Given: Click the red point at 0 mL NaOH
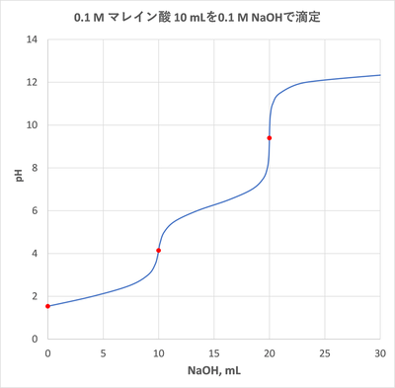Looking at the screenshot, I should pyautogui.click(x=47, y=306).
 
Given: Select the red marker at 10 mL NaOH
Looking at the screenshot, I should pyautogui.click(x=159, y=251).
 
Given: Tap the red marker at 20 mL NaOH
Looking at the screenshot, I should pyautogui.click(x=270, y=138).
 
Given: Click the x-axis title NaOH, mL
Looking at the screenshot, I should pyautogui.click(x=213, y=372).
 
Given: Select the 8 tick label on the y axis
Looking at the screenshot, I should pyautogui.click(x=35, y=168).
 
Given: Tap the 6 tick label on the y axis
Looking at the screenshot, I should pyautogui.click(x=35, y=210).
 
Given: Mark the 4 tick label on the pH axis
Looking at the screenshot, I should pyautogui.click(x=35, y=253).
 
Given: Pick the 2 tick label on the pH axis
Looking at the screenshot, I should pyautogui.click(x=35, y=296).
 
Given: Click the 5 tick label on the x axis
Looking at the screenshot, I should pyautogui.click(x=103, y=351).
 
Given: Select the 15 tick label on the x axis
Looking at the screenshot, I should pyautogui.click(x=214, y=351).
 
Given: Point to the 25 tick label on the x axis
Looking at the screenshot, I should pyautogui.click(x=325, y=351).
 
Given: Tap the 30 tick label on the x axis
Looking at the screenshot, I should pyautogui.click(x=380, y=351).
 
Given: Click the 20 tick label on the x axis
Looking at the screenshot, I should pyautogui.click(x=270, y=351).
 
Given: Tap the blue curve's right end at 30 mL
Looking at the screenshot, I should pyautogui.click(x=380, y=75).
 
